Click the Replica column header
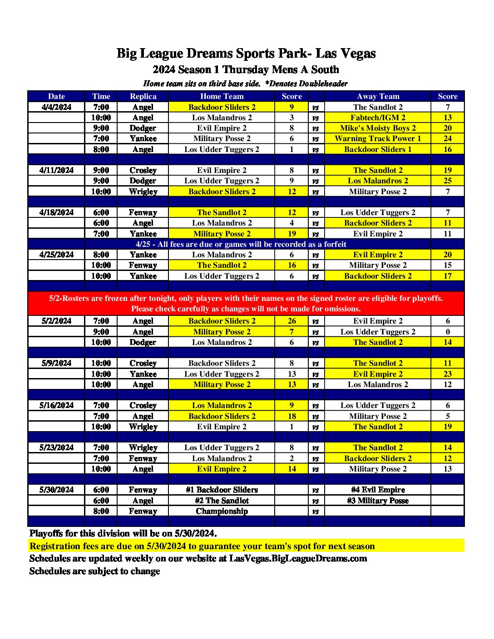coord(143,96)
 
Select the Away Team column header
coord(378,96)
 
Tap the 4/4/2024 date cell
coord(56,107)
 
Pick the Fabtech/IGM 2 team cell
coord(378,118)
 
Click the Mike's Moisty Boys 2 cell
coord(378,128)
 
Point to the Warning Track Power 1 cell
coord(378,138)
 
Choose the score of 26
coord(291,321)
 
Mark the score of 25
coord(447,181)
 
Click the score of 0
coord(447,332)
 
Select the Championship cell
coord(222,511)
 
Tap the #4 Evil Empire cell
coord(378,490)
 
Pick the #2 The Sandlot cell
coord(222,501)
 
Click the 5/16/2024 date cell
coord(56,405)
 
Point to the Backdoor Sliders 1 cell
coord(378,149)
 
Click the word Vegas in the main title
coord(358,54)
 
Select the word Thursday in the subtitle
coord(246,70)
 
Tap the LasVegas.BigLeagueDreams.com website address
coord(298,559)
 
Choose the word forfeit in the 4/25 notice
coord(335,244)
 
